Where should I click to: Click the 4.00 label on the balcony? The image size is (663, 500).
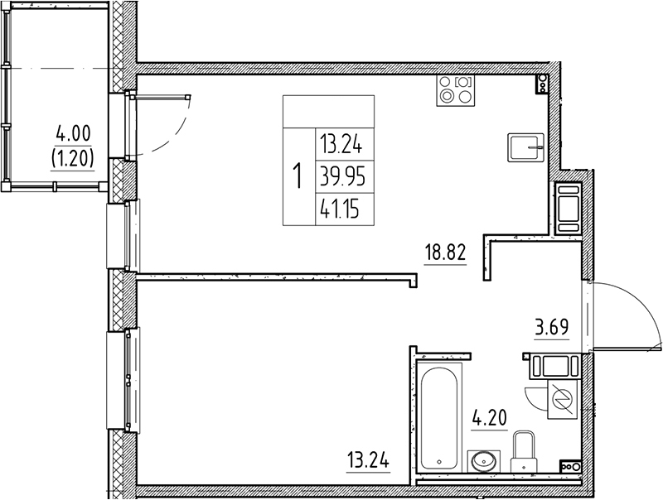(x=72, y=133)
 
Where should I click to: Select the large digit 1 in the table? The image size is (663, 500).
(x=297, y=175)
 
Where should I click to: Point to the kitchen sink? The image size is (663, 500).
(x=525, y=149)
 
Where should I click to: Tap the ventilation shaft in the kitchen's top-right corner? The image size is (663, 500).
(x=542, y=83)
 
